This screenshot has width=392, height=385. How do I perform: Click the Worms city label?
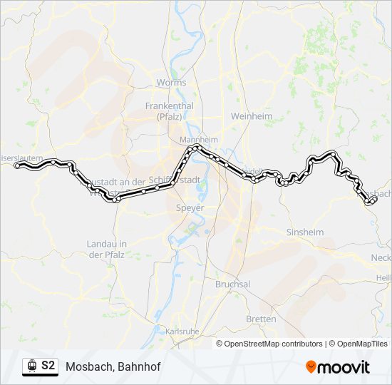tap(171, 83)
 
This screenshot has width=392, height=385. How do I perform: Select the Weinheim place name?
tap(247, 115)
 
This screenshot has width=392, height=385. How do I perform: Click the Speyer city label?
tap(190, 208)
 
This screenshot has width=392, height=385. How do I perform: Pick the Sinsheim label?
tap(304, 232)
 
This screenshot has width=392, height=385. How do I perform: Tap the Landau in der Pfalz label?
tap(107, 249)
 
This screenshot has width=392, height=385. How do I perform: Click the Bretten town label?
tap(261, 319)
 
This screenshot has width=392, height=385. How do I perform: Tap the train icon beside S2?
tap(31, 366)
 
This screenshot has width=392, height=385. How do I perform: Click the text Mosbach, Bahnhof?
tap(113, 366)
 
